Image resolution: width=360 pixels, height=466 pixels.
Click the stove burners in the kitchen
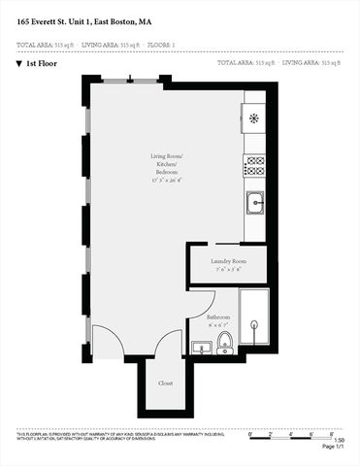255,166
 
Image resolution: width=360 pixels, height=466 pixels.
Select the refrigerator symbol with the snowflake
254,118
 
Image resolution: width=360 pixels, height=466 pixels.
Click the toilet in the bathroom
225,342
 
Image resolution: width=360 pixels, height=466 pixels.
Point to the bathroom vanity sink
203,347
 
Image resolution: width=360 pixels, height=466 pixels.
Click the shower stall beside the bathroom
254,317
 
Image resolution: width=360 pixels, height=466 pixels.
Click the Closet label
166,383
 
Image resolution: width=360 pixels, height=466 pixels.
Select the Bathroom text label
218,317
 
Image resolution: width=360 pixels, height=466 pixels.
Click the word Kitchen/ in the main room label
166,165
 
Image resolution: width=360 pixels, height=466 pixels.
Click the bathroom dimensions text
218,325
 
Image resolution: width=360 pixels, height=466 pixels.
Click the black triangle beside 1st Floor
19,63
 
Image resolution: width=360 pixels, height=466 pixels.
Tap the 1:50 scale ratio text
326,440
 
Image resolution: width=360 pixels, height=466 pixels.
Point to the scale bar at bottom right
290,433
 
